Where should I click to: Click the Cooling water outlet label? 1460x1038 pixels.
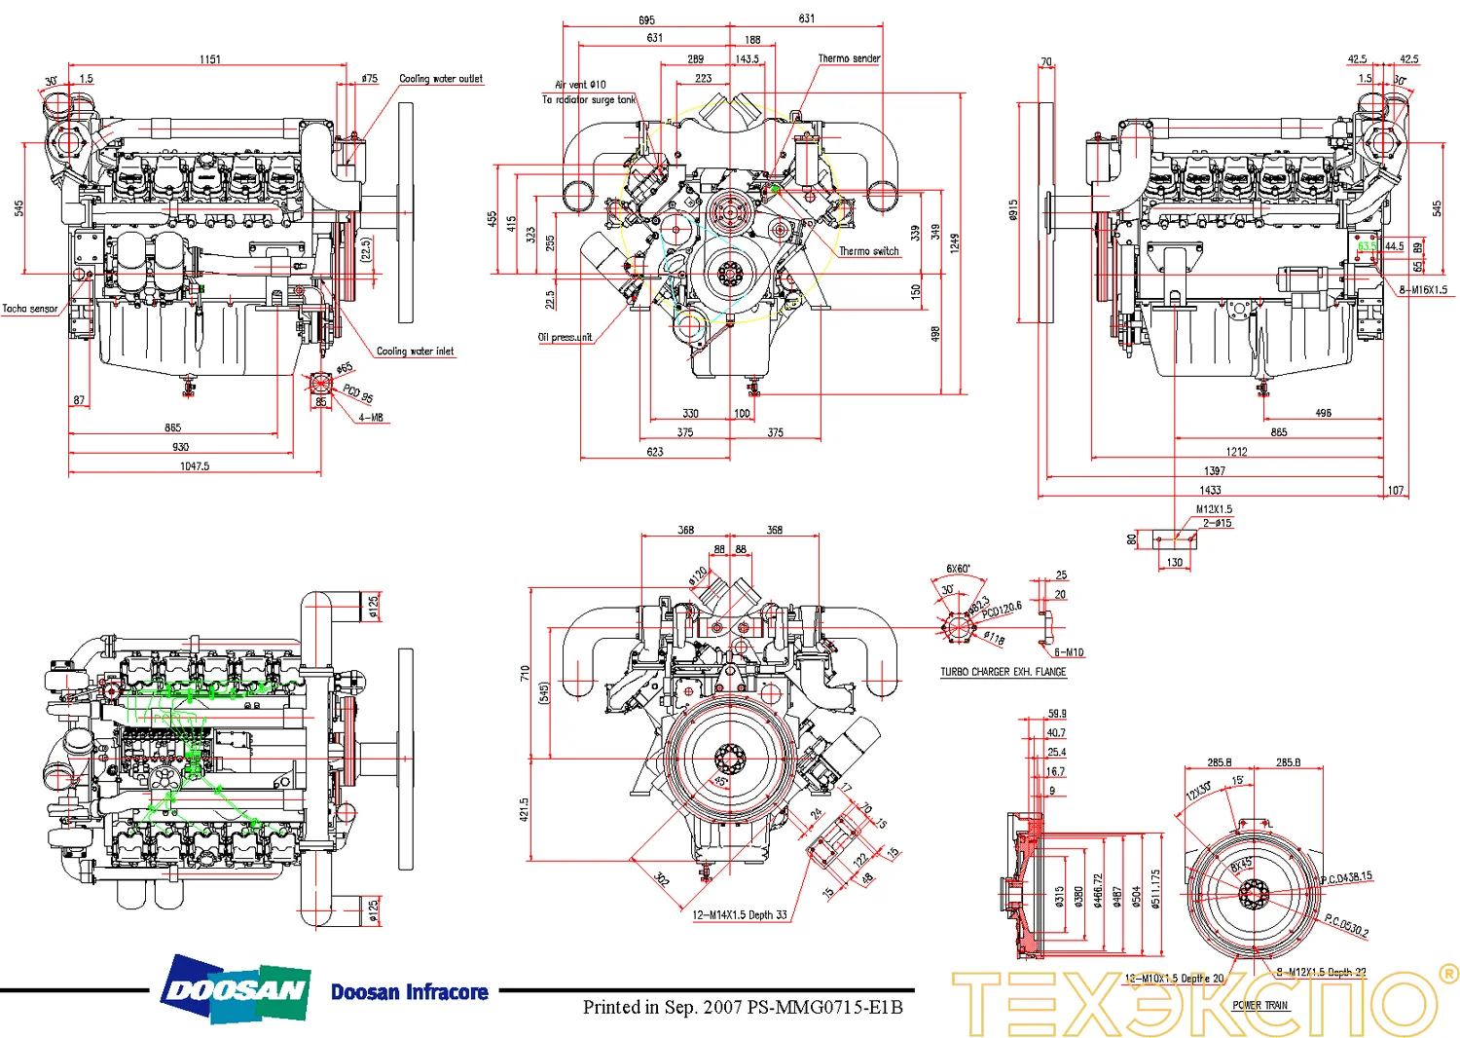click(440, 79)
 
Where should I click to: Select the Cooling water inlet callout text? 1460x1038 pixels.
click(415, 352)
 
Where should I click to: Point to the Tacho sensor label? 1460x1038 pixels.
click(30, 309)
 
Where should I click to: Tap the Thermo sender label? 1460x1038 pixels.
click(848, 58)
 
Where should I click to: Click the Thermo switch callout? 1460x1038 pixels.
click(868, 251)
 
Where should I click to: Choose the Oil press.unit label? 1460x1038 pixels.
click(565, 338)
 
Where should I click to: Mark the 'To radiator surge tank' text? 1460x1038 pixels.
click(588, 99)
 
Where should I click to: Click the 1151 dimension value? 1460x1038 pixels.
click(210, 59)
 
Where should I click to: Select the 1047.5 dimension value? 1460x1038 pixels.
click(194, 466)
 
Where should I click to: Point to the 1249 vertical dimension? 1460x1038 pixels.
click(955, 242)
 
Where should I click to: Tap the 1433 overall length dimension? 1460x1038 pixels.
click(1210, 490)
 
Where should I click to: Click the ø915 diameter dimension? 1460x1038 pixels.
click(1013, 210)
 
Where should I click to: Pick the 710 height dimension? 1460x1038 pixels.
click(525, 673)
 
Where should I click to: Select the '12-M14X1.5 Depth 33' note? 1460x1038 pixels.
click(739, 915)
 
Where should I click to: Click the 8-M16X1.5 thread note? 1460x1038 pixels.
click(1423, 290)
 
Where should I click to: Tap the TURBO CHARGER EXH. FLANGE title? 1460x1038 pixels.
click(1003, 672)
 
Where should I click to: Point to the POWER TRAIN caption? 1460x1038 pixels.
click(1259, 1005)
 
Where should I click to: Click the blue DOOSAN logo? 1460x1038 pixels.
click(237, 990)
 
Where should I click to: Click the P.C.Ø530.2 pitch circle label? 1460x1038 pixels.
click(1346, 926)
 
